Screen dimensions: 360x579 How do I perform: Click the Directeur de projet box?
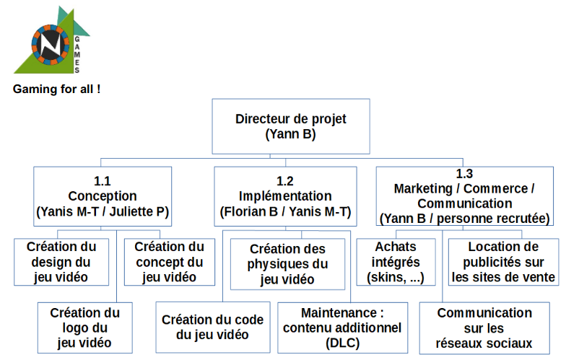pyautogui.click(x=290, y=126)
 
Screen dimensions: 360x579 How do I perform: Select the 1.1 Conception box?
pyautogui.click(x=103, y=196)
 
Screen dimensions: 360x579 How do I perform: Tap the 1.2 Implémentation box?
pyautogui.click(x=285, y=196)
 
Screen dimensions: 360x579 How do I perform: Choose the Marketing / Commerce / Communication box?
pyautogui.click(x=464, y=196)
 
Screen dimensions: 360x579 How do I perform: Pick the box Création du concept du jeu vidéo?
pyautogui.click(x=169, y=261)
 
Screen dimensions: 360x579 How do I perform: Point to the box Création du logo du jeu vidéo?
pyautogui.click(x=84, y=328)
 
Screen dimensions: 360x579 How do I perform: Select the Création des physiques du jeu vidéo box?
pyautogui.click(x=287, y=263)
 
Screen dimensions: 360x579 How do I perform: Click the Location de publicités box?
pyautogui.click(x=502, y=262)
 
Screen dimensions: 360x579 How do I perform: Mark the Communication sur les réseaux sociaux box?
pyautogui.click(x=484, y=328)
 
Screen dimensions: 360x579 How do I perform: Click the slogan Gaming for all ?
pyautogui.click(x=56, y=90)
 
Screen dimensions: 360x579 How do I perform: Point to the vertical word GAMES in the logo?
pyautogui.click(x=77, y=53)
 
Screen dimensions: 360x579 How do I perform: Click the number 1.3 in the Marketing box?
pyautogui.click(x=464, y=174)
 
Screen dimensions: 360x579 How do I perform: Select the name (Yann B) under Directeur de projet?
pyautogui.click(x=290, y=133)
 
